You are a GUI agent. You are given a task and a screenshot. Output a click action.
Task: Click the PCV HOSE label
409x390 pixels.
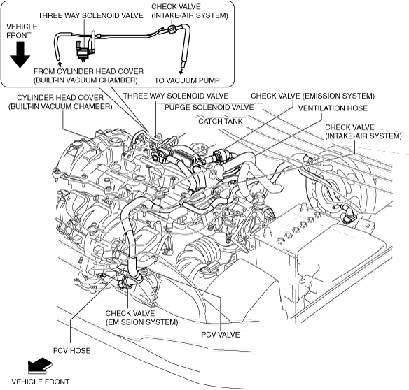point(71,351)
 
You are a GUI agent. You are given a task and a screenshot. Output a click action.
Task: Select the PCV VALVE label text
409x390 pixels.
point(220,335)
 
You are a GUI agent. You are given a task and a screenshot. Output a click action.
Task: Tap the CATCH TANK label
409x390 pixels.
point(221,122)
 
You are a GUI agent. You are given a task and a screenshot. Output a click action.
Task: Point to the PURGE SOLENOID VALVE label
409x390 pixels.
point(209,107)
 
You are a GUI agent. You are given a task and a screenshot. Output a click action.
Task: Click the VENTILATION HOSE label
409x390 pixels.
point(333,108)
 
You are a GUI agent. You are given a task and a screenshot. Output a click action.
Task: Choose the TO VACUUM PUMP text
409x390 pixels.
point(187,80)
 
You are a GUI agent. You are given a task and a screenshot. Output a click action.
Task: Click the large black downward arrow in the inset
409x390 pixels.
point(20,55)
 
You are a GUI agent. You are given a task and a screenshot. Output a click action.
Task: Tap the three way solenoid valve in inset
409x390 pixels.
point(83,50)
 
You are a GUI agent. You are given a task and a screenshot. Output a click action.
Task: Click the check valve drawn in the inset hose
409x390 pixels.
point(171,29)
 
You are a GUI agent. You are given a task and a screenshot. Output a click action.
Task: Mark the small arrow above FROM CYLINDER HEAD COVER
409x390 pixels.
point(60,64)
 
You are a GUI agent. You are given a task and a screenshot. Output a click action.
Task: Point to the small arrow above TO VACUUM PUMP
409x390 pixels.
point(181,71)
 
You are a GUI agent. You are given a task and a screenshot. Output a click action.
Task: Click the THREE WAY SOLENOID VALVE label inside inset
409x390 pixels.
point(91,15)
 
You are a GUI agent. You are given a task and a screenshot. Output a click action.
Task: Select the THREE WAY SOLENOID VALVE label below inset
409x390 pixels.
point(176,96)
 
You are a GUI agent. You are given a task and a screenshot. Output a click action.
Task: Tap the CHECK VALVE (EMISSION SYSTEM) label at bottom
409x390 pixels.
point(141,317)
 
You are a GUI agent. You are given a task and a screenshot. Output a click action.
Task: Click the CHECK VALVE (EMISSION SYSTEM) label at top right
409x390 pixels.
point(312,96)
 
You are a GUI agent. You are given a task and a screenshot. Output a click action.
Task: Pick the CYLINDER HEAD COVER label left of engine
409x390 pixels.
point(60,102)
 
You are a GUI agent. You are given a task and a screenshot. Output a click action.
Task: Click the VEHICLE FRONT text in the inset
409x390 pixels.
point(22,31)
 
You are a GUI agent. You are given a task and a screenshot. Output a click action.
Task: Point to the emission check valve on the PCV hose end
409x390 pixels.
point(127,282)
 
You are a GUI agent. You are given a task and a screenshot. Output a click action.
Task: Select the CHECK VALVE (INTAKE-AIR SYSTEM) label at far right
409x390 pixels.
point(363,131)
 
